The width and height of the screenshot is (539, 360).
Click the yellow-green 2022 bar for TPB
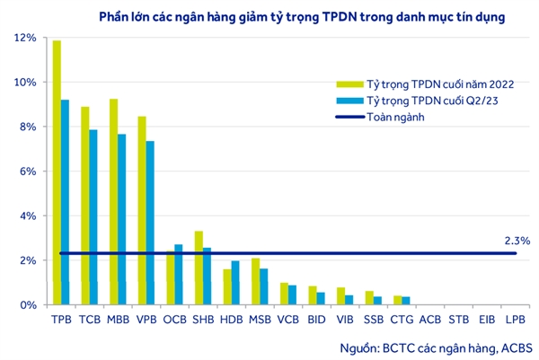coord(57,171)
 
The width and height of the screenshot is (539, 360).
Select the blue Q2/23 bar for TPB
coord(65,202)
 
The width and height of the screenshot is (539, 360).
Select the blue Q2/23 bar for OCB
coord(178,275)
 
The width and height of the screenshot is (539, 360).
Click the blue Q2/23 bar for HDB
coord(235,283)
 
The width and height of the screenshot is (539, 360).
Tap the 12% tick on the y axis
coord(25,38)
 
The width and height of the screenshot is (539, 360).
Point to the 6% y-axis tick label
coord(28,171)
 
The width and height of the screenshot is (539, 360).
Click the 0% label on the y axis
coord(28,305)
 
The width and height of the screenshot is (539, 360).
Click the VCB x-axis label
coord(288,319)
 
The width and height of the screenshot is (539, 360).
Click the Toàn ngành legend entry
coord(394,117)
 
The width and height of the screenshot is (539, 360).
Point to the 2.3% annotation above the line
coord(518,241)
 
